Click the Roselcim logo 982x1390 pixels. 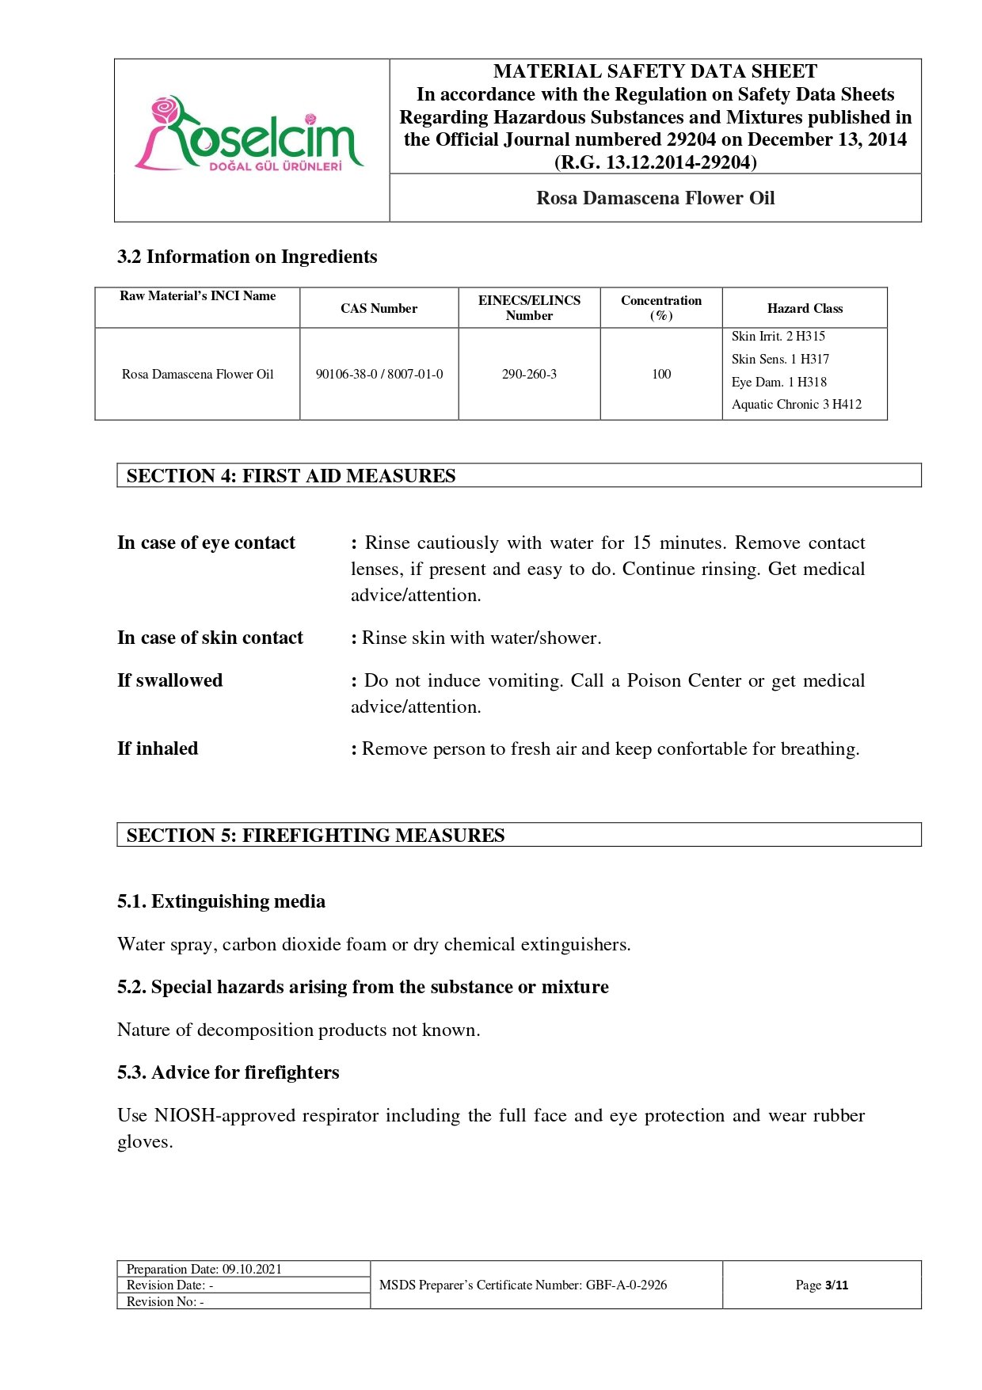point(249,135)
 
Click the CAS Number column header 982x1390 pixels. point(379,308)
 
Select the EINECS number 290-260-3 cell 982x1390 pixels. point(529,374)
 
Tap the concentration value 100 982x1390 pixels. point(661,374)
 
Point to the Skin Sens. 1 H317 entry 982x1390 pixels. point(780,359)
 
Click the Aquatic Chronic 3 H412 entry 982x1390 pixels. point(796,404)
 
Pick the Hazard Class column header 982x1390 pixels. point(805,308)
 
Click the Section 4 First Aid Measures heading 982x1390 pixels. point(291,475)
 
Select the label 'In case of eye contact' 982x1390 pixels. point(206,543)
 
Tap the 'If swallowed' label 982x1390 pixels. point(169,680)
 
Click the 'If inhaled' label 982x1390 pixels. point(158,748)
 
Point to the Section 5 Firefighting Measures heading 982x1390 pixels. point(315,835)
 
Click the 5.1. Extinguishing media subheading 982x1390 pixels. point(221,901)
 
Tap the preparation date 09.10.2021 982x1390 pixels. point(252,1269)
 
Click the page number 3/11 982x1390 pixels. point(836,1285)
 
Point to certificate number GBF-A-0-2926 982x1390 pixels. point(626,1285)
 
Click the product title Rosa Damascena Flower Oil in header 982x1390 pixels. point(655,198)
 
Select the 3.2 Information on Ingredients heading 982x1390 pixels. point(247,257)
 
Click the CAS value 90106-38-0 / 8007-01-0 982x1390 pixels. point(379,374)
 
